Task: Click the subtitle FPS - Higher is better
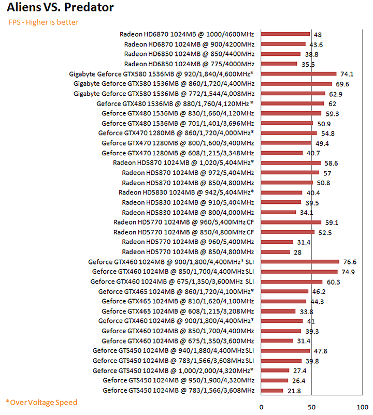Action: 44,22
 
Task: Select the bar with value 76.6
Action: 300,261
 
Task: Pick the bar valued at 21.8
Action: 272,390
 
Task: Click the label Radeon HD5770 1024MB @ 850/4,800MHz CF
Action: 184,232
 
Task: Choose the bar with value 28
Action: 275,252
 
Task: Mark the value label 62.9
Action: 335,94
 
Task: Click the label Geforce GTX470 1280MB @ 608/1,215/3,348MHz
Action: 178,153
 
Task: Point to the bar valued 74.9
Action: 299,272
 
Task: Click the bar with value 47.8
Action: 285,351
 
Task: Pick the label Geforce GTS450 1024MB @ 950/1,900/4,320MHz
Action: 179,380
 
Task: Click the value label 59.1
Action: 332,223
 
